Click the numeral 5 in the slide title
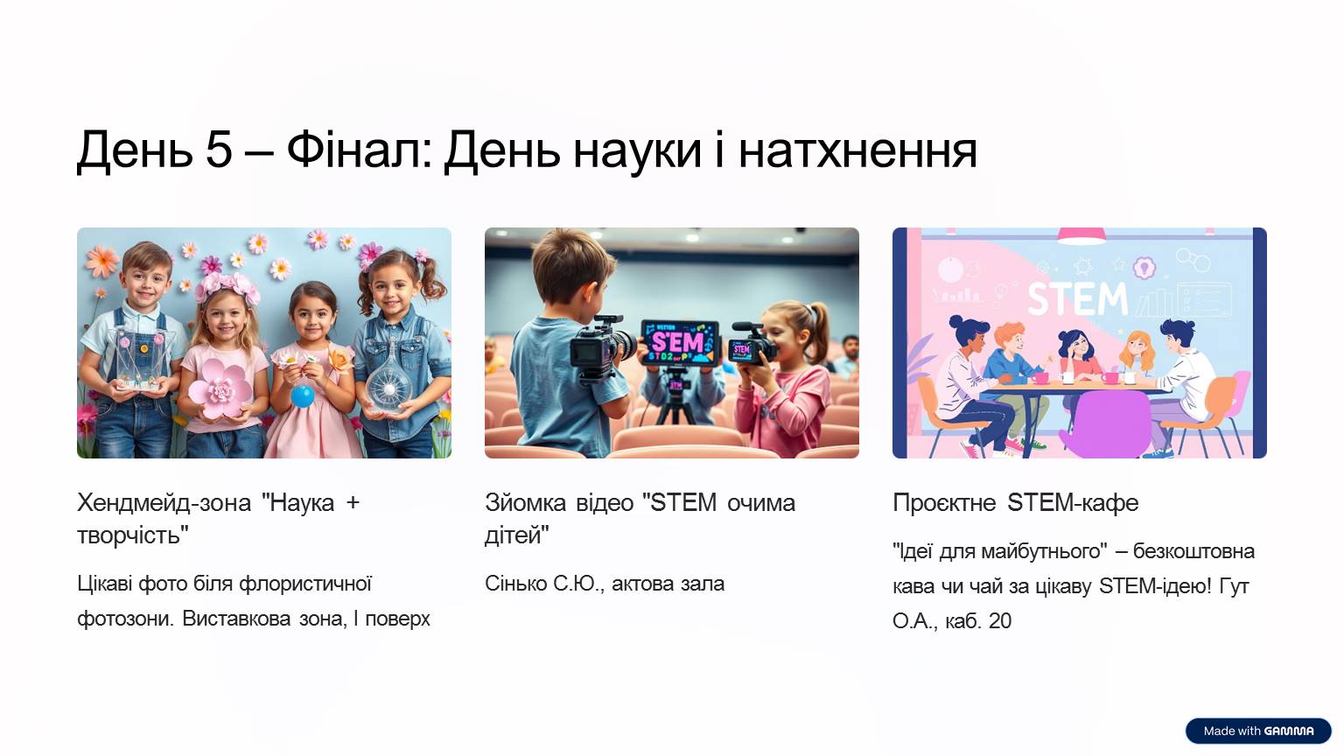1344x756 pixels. pyautogui.click(x=219, y=149)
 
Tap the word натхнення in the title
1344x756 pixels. pyautogui.click(x=857, y=150)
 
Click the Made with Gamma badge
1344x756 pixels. pyautogui.click(x=1258, y=731)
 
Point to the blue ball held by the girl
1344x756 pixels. pyautogui.click(x=303, y=396)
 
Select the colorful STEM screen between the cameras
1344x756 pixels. pyautogui.click(x=680, y=343)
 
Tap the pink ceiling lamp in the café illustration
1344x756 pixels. pyautogui.click(x=1081, y=235)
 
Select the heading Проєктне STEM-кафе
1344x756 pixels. pyautogui.click(x=1015, y=503)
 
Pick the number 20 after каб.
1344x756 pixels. pyautogui.click(x=999, y=621)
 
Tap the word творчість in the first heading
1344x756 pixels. pyautogui.click(x=129, y=535)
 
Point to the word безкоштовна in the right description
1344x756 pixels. pyautogui.click(x=1193, y=550)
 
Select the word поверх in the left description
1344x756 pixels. pyautogui.click(x=397, y=619)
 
